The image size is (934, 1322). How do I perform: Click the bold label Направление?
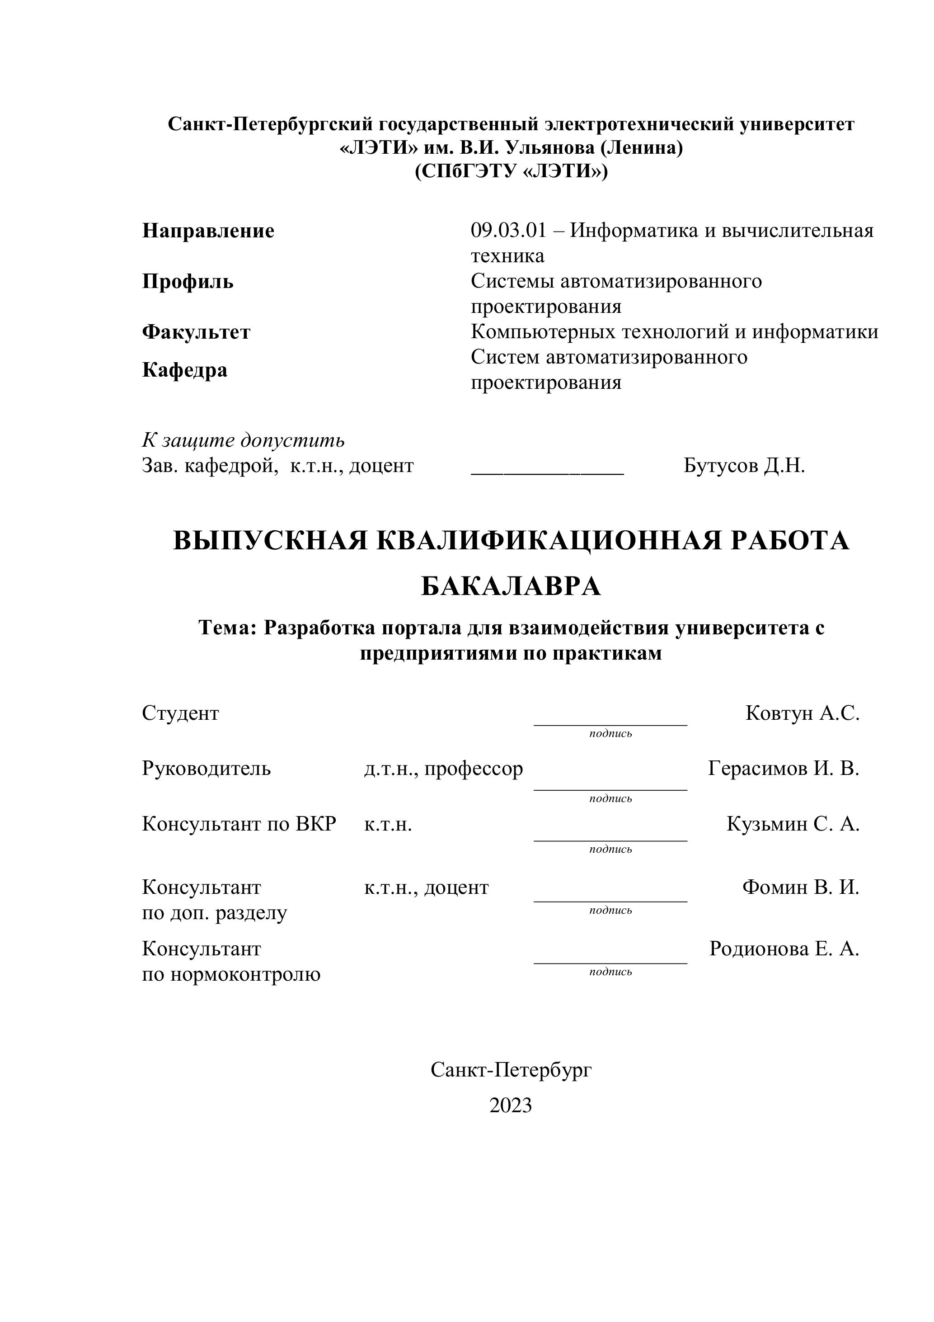tap(208, 231)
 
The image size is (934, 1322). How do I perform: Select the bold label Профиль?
tap(188, 282)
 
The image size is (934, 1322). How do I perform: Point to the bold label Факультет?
tap(196, 332)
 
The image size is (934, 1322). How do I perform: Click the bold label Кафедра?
tap(185, 370)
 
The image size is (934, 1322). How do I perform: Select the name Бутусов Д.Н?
tap(744, 465)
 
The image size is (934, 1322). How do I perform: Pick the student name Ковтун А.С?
tap(802, 713)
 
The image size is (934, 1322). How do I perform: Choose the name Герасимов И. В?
tap(783, 769)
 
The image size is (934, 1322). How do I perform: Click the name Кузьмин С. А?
tap(793, 824)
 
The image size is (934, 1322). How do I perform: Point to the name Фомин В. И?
tap(801, 887)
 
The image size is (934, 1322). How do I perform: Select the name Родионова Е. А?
tap(784, 948)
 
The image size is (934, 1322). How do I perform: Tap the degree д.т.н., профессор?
tap(443, 769)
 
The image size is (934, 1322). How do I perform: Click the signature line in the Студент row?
tap(610, 724)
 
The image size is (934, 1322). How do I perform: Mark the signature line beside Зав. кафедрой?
tap(547, 473)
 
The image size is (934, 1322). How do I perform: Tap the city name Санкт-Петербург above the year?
tap(511, 1070)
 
